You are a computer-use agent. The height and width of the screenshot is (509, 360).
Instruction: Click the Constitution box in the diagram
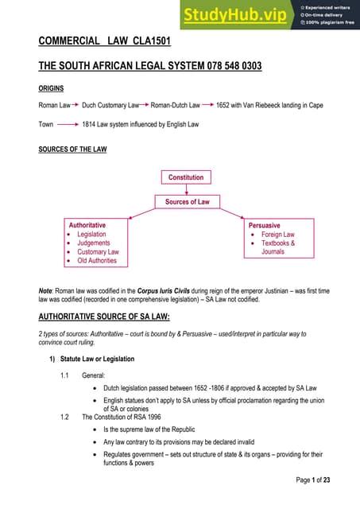[x=186, y=177]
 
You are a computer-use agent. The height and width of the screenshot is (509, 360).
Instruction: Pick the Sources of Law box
[x=187, y=202]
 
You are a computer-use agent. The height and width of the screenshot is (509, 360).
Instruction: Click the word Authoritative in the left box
[x=87, y=225]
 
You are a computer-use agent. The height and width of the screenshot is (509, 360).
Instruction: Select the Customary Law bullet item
[x=98, y=251]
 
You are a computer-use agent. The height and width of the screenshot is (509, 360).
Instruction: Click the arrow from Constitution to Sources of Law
[x=186, y=189]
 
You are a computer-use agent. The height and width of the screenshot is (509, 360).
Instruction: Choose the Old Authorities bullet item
[x=97, y=260]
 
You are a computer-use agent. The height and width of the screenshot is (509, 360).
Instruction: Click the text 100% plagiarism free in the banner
[x=328, y=21]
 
